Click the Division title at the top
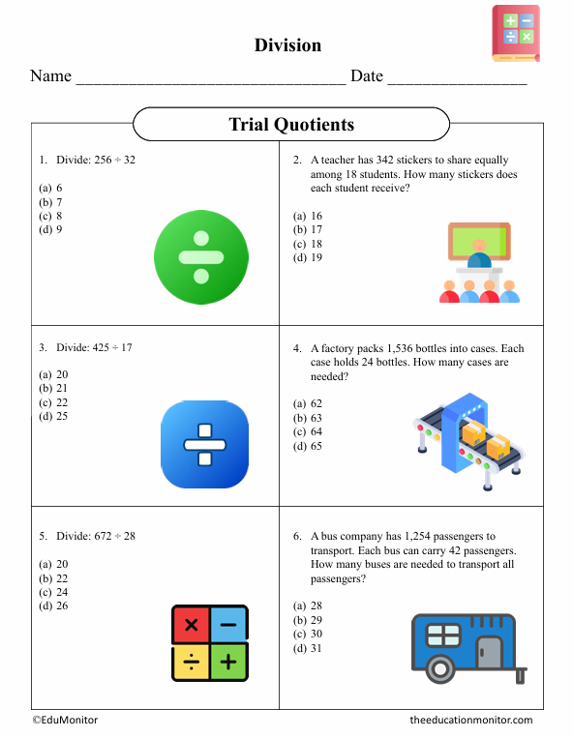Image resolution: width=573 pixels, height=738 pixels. click(287, 45)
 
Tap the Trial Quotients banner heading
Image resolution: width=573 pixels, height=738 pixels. click(290, 125)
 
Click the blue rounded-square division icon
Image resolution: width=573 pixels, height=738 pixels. click(204, 444)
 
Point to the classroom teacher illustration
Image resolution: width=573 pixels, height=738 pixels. click(477, 263)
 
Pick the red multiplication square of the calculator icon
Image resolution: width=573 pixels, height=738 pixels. click(191, 625)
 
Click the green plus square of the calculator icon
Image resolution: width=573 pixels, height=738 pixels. click(228, 663)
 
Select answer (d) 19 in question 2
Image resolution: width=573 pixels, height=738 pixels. click(309, 257)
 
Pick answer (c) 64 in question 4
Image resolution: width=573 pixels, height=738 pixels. click(309, 431)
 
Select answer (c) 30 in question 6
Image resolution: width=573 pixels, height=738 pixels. click(309, 634)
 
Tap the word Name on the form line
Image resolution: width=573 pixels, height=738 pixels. click(50, 76)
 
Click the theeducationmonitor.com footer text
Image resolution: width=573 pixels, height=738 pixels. click(470, 721)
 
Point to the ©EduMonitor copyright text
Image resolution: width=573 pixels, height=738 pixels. click(65, 721)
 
